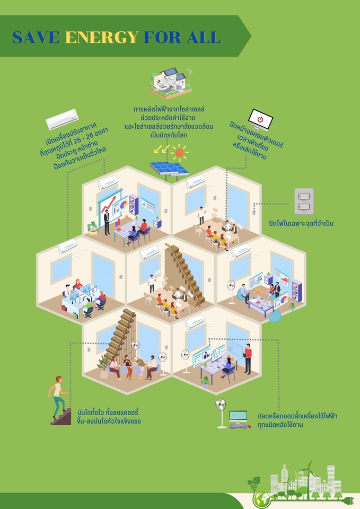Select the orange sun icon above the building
(x=180, y=153)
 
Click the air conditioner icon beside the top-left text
(x=62, y=120)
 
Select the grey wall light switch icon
(x=304, y=201)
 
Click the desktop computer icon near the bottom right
(x=238, y=418)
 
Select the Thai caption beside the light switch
(x=304, y=223)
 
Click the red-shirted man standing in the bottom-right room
(x=248, y=356)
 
